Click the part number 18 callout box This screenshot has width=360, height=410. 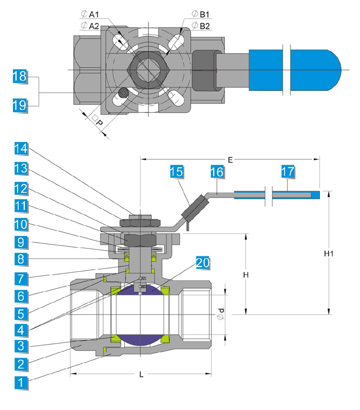pos(19,77)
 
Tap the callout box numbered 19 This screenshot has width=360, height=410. pos(19,106)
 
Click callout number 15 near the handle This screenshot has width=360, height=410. pos(177,172)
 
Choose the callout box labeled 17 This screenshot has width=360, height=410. pos(288,172)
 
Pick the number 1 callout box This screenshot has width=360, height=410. pos(20,383)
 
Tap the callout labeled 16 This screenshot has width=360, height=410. pos(217,172)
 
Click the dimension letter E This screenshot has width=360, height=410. pos(230,159)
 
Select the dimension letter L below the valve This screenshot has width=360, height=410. pos(141,374)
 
